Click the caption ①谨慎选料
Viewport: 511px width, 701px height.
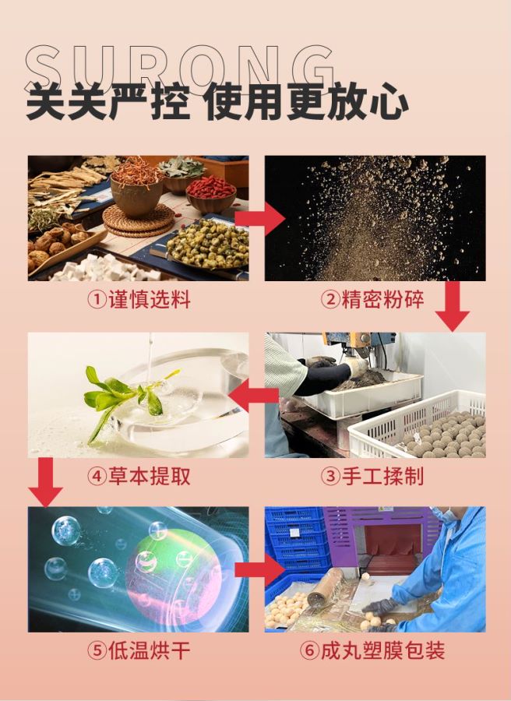click(x=138, y=300)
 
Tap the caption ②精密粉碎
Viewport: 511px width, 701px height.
click(x=373, y=300)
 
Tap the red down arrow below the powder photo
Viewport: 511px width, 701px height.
click(x=452, y=306)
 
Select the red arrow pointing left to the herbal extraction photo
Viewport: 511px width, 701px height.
click(x=256, y=396)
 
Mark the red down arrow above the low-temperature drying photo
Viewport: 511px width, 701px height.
click(x=45, y=481)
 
